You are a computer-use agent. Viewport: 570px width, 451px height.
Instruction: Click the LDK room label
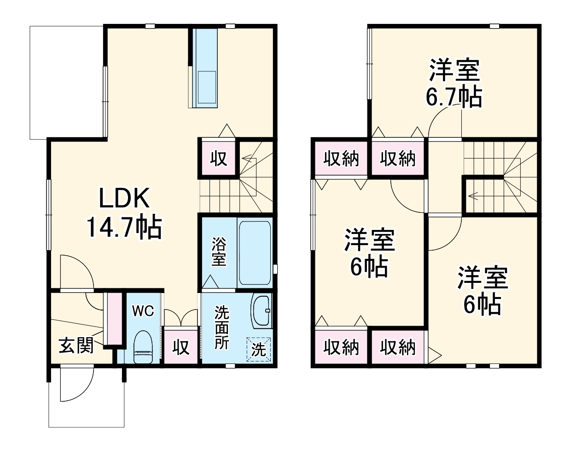click(124, 199)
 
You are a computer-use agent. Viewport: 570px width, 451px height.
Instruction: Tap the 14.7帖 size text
click(124, 227)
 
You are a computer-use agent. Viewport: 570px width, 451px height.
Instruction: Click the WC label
click(143, 311)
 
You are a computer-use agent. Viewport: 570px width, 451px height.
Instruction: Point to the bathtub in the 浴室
click(255, 252)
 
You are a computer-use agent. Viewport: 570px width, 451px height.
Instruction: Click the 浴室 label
click(219, 252)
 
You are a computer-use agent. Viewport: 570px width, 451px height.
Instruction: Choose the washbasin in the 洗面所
click(261, 311)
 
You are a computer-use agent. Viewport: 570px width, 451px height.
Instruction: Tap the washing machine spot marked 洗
click(259, 349)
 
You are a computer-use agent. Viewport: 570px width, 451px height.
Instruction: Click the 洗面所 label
click(221, 328)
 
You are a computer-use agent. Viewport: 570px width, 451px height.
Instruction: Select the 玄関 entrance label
click(76, 345)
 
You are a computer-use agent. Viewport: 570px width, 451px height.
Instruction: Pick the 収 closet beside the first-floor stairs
click(219, 158)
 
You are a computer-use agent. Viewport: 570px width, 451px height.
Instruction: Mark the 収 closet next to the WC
click(181, 347)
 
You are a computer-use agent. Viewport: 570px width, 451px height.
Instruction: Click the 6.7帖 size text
click(454, 97)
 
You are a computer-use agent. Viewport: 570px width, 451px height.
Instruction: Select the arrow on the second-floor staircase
click(474, 196)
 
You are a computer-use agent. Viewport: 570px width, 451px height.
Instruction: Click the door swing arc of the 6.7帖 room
click(442, 120)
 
